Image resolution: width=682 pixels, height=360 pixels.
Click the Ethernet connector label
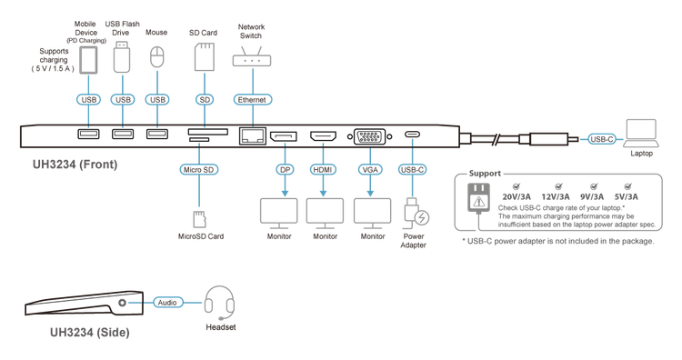pos(252,100)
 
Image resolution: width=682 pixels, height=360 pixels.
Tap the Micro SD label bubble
pos(199,170)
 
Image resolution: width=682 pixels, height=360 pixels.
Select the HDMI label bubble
pos(323,170)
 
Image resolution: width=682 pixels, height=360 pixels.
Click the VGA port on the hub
pos(370,136)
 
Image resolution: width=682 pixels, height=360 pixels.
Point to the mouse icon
pos(157,57)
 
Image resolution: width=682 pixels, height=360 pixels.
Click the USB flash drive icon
pos(122,56)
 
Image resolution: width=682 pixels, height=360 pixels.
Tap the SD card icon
pos(205,56)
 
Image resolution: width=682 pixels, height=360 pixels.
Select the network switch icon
pos(252,57)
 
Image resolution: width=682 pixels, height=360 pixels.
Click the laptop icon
pos(642,134)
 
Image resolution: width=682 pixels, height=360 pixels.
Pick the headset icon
pos(220,302)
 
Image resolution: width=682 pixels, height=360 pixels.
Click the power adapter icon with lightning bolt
pos(416,214)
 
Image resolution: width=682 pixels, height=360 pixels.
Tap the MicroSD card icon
pos(199,220)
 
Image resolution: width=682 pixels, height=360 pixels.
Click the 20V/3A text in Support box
pos(517,197)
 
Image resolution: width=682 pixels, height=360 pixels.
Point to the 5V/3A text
pos(627,197)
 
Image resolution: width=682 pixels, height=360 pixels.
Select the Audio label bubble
pos(167,303)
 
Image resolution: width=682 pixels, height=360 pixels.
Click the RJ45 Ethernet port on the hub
pos(252,135)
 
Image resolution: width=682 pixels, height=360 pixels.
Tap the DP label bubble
pos(285,170)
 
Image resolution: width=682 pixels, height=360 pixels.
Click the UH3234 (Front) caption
pos(75,165)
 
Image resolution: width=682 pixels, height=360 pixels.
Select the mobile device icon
pos(89,60)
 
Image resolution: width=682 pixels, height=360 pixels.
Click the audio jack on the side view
pos(122,303)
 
